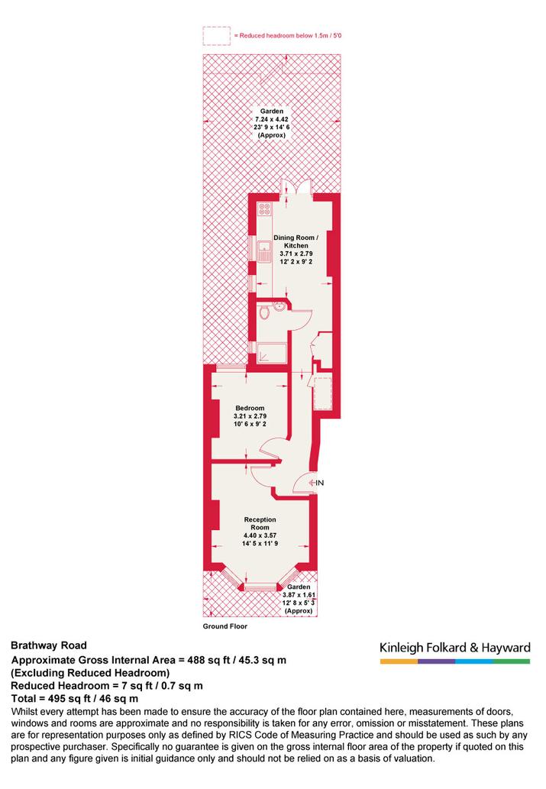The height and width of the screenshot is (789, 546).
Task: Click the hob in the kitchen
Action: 264,209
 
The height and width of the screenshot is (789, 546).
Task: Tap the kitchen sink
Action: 264,251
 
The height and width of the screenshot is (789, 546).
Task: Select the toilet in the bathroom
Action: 265,312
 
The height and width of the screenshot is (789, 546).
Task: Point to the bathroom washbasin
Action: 280,306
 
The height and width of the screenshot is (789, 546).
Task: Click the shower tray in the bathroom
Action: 271,354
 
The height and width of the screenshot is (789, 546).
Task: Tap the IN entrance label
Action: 319,483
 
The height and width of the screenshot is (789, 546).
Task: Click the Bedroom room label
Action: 250,408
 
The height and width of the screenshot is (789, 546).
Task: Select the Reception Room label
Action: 260,523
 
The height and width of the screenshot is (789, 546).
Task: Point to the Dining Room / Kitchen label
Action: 296,241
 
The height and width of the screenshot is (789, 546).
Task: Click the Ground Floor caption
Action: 225,626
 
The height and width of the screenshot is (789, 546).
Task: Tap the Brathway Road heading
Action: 49,645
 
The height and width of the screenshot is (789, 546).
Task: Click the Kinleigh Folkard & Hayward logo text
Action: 455,648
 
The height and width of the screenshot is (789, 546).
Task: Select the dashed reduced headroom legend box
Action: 217,36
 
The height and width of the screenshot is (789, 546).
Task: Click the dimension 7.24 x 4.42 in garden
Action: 272,119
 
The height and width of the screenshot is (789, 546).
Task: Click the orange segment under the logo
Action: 399,661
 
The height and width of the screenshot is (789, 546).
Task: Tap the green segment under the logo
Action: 512,661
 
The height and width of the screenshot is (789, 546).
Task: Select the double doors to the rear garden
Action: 297,186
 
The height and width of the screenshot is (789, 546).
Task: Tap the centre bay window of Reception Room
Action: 260,586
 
